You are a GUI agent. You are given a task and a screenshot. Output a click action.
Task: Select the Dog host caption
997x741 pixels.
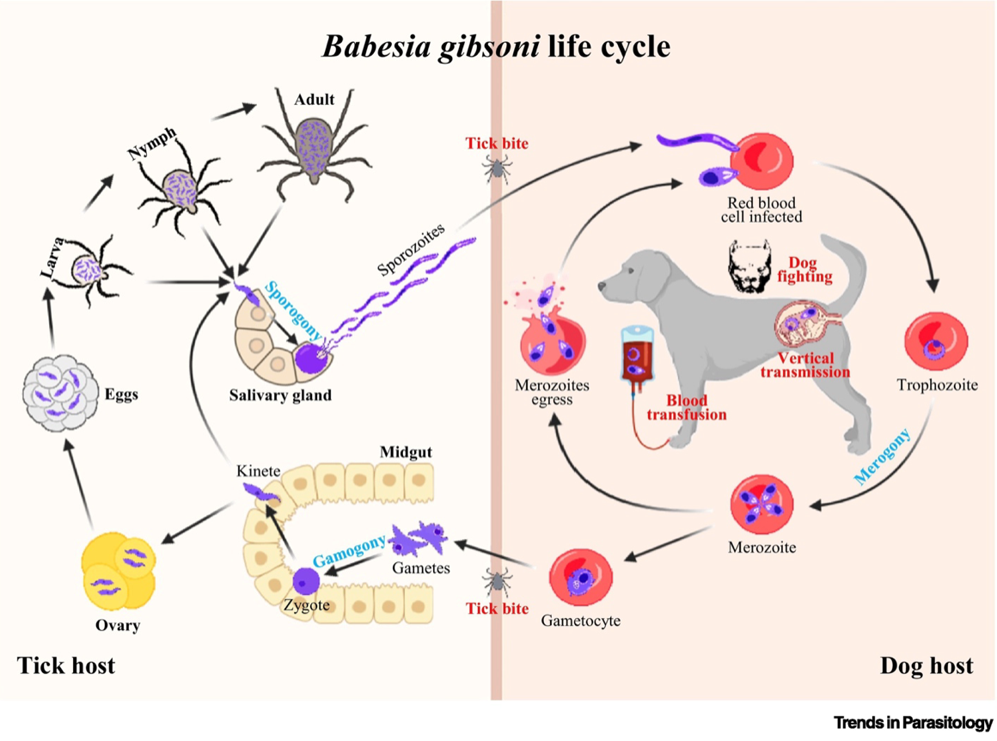tap(927, 665)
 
